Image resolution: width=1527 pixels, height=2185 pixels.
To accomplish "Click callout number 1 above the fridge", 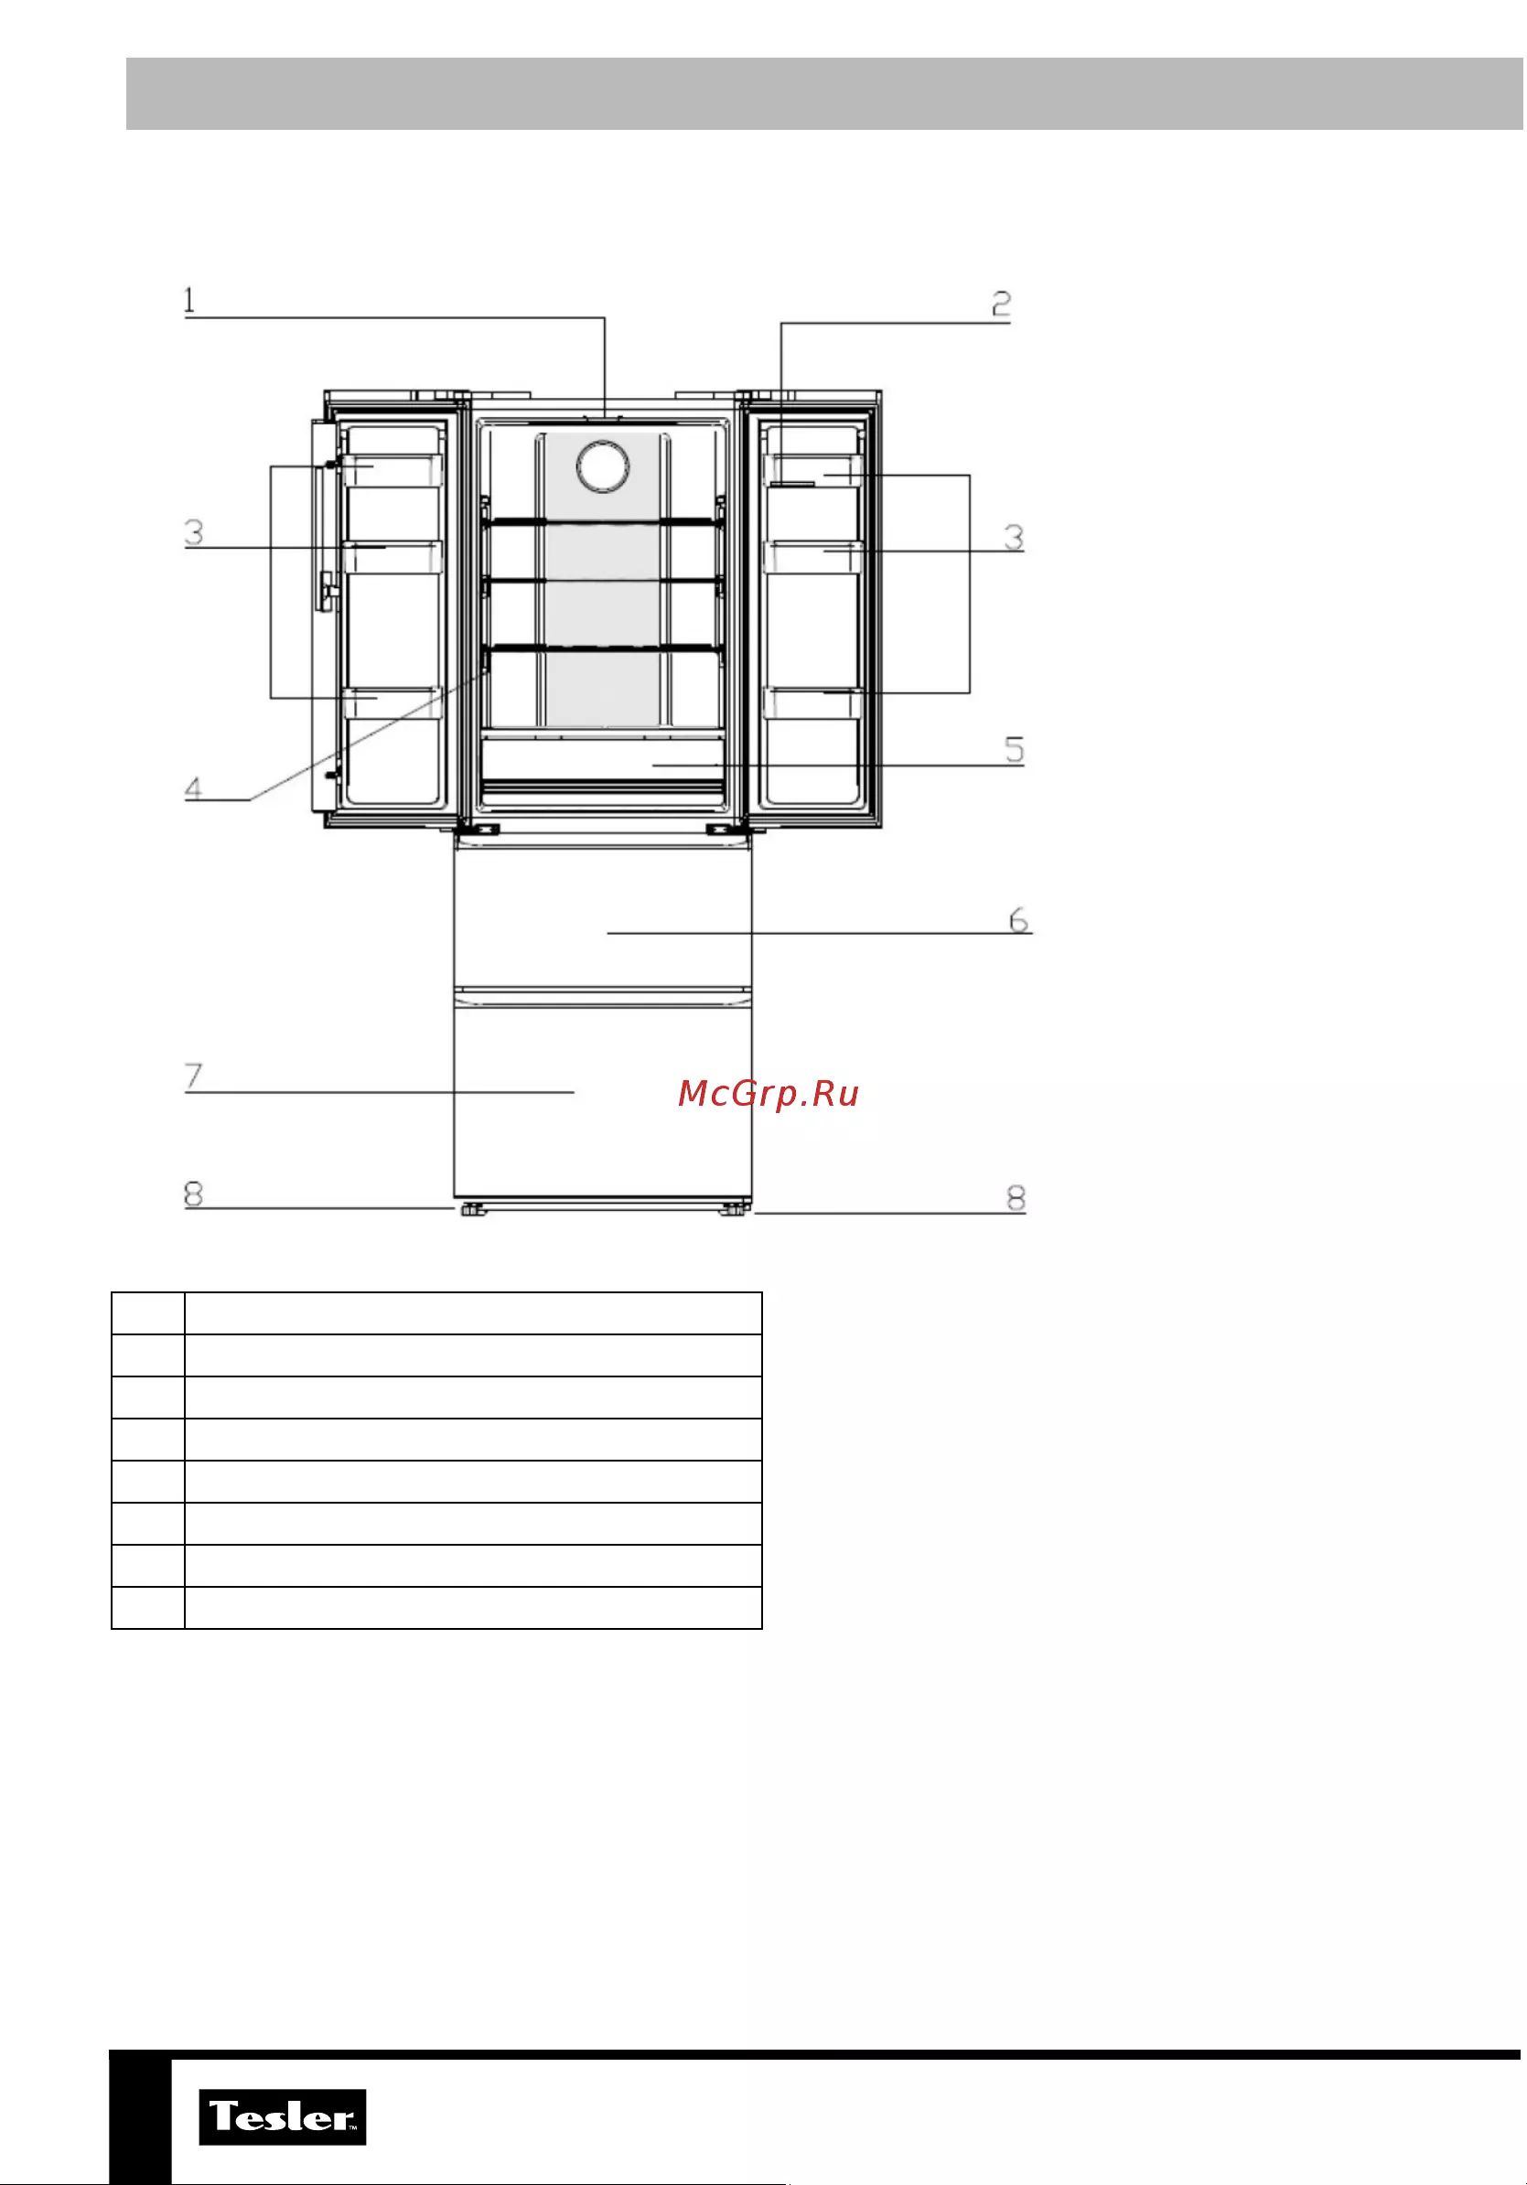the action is click(189, 300).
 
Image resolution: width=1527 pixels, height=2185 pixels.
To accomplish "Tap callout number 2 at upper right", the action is click(1001, 304).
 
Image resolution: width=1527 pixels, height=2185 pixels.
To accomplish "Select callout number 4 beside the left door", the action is click(193, 788).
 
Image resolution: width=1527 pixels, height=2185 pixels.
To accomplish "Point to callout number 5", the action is click(1015, 750).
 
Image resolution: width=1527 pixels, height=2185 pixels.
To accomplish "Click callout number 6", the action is click(1018, 920).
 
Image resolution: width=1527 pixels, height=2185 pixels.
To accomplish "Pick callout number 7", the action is click(193, 1076).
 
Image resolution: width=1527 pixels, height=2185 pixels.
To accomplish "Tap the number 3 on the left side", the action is click(193, 532).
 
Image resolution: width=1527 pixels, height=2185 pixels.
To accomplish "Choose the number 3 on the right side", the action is click(1015, 538).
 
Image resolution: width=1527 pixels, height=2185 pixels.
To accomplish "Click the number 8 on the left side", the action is click(193, 1194).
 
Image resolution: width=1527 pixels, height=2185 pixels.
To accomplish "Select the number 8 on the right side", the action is click(1016, 1198).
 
